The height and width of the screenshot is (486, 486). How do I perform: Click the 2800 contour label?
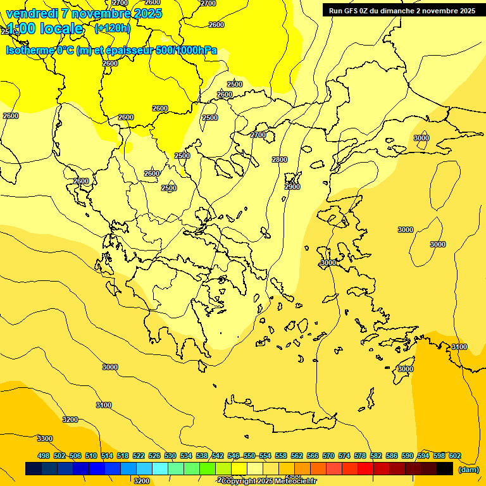click(280, 159)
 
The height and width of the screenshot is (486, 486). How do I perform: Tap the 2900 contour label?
click(292, 187)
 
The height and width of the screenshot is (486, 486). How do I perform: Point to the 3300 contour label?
click(45, 439)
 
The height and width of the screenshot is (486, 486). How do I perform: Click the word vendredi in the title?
click(31, 13)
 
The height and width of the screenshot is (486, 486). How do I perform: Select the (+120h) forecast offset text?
click(112, 28)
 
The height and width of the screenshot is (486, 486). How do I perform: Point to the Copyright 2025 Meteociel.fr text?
click(268, 481)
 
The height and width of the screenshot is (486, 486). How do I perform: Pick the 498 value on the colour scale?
click(44, 456)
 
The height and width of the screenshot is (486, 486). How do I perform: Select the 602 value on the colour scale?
click(455, 456)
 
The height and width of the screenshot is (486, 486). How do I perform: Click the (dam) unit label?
click(468, 469)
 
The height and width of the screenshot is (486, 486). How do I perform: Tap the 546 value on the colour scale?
click(234, 456)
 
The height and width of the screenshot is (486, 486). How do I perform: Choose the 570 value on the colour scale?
click(328, 456)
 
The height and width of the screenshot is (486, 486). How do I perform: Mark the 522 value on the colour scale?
click(139, 456)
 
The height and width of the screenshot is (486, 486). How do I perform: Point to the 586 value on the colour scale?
click(392, 456)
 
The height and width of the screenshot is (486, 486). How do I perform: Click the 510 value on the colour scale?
click(91, 456)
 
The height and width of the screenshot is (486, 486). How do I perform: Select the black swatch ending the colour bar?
click(445, 469)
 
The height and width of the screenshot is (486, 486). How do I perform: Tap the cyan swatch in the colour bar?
click(160, 469)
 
